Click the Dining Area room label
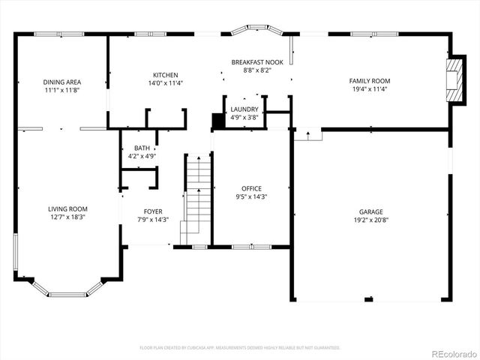point(62,82)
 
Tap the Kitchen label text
point(165,75)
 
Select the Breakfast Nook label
point(257,62)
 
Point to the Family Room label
point(370,80)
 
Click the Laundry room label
point(244,109)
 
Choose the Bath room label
point(142,148)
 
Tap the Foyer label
point(153,211)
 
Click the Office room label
point(251,188)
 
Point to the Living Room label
point(68,209)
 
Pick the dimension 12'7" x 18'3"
point(68,217)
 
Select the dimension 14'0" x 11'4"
point(165,83)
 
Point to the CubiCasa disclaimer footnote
point(240,347)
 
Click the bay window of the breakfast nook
point(256,32)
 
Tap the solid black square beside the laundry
point(218,121)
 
